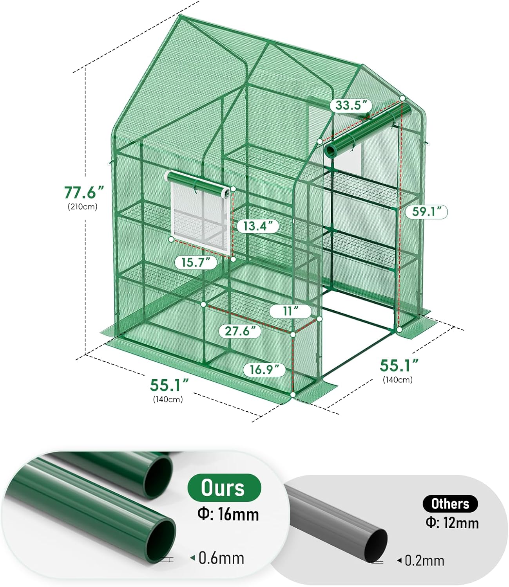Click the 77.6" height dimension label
pyautogui.click(x=84, y=192)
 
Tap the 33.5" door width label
pyautogui.click(x=351, y=105)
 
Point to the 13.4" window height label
pyautogui.click(x=258, y=226)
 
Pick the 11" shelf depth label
pyautogui.click(x=290, y=311)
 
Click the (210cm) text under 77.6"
pyautogui.click(x=82, y=207)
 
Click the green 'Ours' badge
pyautogui.click(x=224, y=488)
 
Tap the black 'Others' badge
pyautogui.click(x=450, y=504)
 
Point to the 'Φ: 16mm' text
pyautogui.click(x=228, y=514)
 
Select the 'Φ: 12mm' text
pyautogui.click(x=452, y=523)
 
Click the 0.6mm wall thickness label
pyautogui.click(x=221, y=558)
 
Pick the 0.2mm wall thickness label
pyautogui.click(x=424, y=560)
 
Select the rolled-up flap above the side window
pyautogui.click(x=198, y=182)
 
